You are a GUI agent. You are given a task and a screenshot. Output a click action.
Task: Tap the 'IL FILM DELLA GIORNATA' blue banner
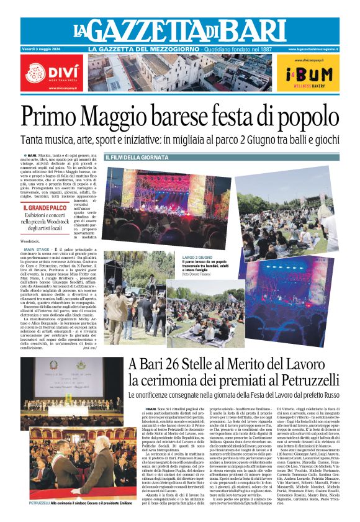tap(136, 158)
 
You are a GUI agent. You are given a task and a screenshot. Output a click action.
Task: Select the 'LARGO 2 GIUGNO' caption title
tap(198, 256)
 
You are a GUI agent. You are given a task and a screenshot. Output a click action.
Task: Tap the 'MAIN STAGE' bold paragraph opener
tap(38, 249)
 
